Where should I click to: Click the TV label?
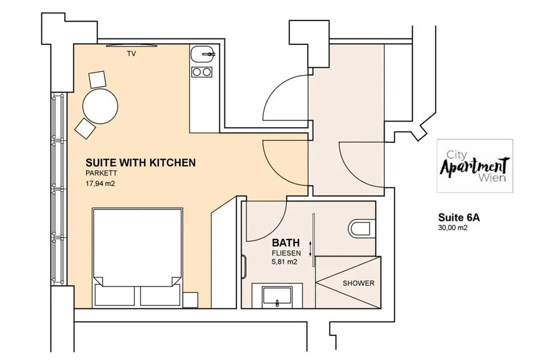coord(131,54)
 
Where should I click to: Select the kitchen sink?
coord(202,55)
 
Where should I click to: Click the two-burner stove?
coord(202,72)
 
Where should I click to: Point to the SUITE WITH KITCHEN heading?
coord(140,163)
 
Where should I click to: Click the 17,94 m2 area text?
coord(100,184)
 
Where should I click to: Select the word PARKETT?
coord(101,173)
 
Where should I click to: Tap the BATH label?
coord(286,242)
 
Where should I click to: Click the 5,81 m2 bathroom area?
coord(284,262)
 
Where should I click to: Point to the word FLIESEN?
coord(286,253)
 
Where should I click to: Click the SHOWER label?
coord(358,283)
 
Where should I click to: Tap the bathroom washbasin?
coord(277,296)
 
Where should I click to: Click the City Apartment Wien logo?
coord(475,166)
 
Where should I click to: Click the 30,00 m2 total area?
coord(453,228)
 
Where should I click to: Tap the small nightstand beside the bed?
coord(190,300)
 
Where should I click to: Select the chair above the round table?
coord(97,80)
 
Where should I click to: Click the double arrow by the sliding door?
coord(310,249)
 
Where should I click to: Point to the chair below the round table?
coord(85,128)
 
